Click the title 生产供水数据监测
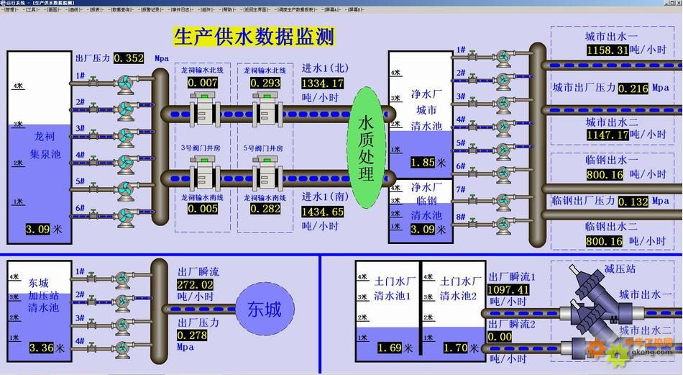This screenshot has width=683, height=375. coord(254,36)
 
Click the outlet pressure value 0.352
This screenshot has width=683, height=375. coord(129,58)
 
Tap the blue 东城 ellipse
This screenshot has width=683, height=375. coord(264,310)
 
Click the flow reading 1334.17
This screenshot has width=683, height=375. coord(323,83)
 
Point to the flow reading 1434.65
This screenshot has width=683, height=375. coord(323,212)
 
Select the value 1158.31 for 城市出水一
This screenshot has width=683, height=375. coord(608,50)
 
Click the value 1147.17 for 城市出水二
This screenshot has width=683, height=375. coord(608,135)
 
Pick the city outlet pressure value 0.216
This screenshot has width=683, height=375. coord(633,89)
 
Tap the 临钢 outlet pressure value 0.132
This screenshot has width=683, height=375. coord(633,202)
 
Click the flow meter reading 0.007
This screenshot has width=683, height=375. coord(203,83)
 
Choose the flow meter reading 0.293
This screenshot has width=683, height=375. coord(265,83)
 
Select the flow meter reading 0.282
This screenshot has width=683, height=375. coord(265,209)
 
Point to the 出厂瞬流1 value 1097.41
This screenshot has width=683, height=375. coord(508,290)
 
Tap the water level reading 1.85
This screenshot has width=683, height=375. coord(423,163)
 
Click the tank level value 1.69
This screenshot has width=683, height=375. coord(388,348)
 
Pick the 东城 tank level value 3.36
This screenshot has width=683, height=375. coord(42,348)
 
